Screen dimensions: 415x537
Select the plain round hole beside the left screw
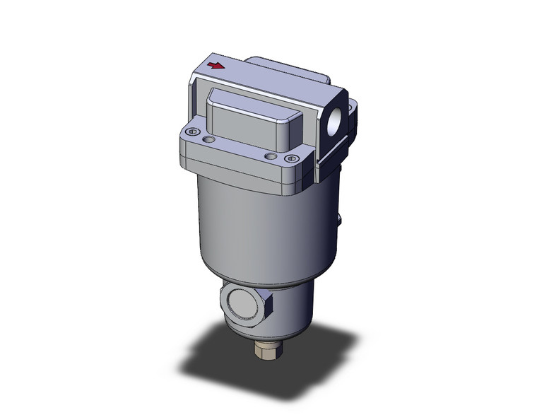click(207, 141)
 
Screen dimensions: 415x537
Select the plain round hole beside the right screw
click(270, 155)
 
